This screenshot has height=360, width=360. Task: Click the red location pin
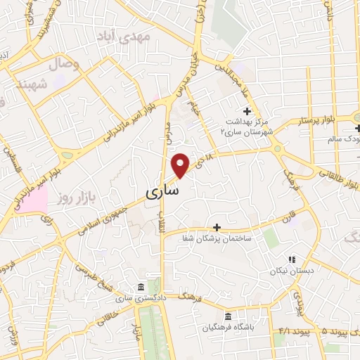[x=181, y=165]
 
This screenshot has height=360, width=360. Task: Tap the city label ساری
[x=162, y=191]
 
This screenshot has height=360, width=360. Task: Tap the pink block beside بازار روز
[x=34, y=200]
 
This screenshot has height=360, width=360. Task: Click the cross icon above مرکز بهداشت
[x=247, y=111]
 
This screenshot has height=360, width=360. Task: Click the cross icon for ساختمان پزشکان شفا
[x=217, y=227]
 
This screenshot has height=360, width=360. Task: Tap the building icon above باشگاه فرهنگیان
[x=227, y=317]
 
